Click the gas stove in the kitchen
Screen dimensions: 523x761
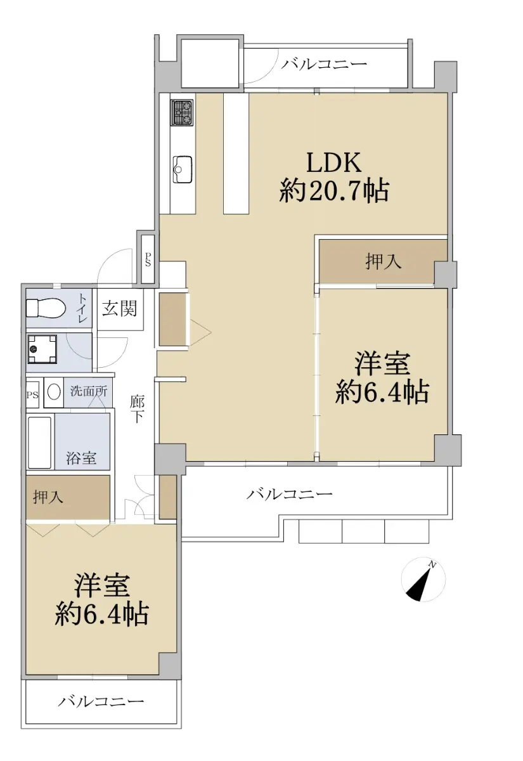(x=183, y=112)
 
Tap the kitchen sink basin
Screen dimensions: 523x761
(x=183, y=169)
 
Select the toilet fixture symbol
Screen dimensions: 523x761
(x=46, y=308)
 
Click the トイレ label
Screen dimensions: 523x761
(x=83, y=308)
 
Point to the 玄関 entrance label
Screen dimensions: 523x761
(x=120, y=309)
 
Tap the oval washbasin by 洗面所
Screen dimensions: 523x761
(x=54, y=393)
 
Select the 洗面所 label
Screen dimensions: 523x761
(x=88, y=391)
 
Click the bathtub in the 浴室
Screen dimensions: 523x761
(x=39, y=443)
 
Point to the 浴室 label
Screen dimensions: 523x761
(x=81, y=458)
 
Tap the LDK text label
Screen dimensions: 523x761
(x=334, y=163)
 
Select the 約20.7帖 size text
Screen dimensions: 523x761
(x=334, y=191)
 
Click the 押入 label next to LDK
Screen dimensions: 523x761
(x=384, y=261)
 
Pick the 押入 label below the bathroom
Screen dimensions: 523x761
(x=48, y=497)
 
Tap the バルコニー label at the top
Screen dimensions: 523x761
(x=324, y=64)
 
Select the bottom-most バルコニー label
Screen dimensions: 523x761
(x=101, y=701)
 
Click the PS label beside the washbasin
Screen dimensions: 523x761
(x=32, y=395)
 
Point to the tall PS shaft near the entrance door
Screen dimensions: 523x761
(x=148, y=259)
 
